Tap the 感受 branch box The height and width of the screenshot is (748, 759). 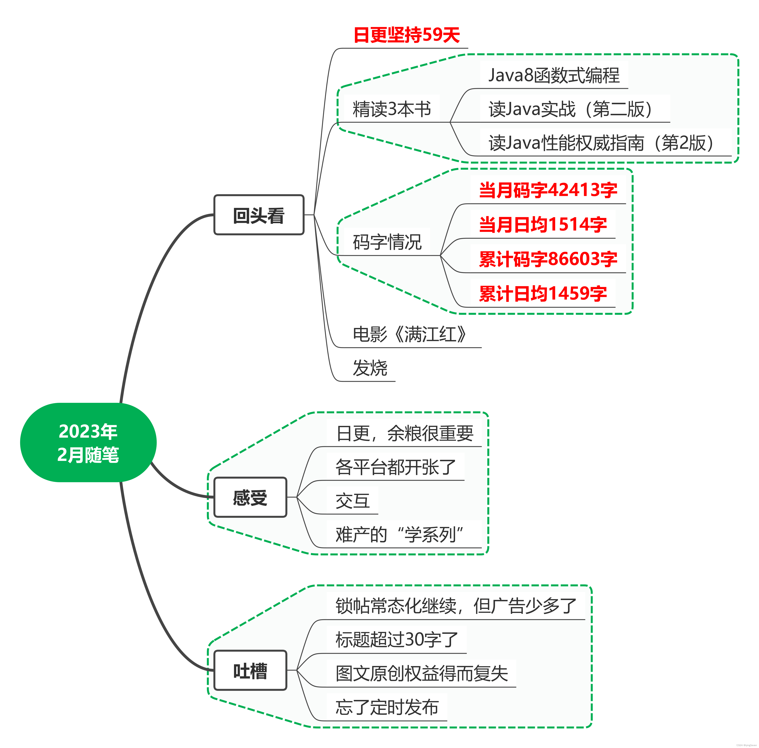(x=250, y=497)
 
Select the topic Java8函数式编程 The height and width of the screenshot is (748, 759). (x=554, y=75)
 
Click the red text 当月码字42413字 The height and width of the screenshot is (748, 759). (x=548, y=190)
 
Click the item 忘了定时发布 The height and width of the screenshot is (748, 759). (x=387, y=707)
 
